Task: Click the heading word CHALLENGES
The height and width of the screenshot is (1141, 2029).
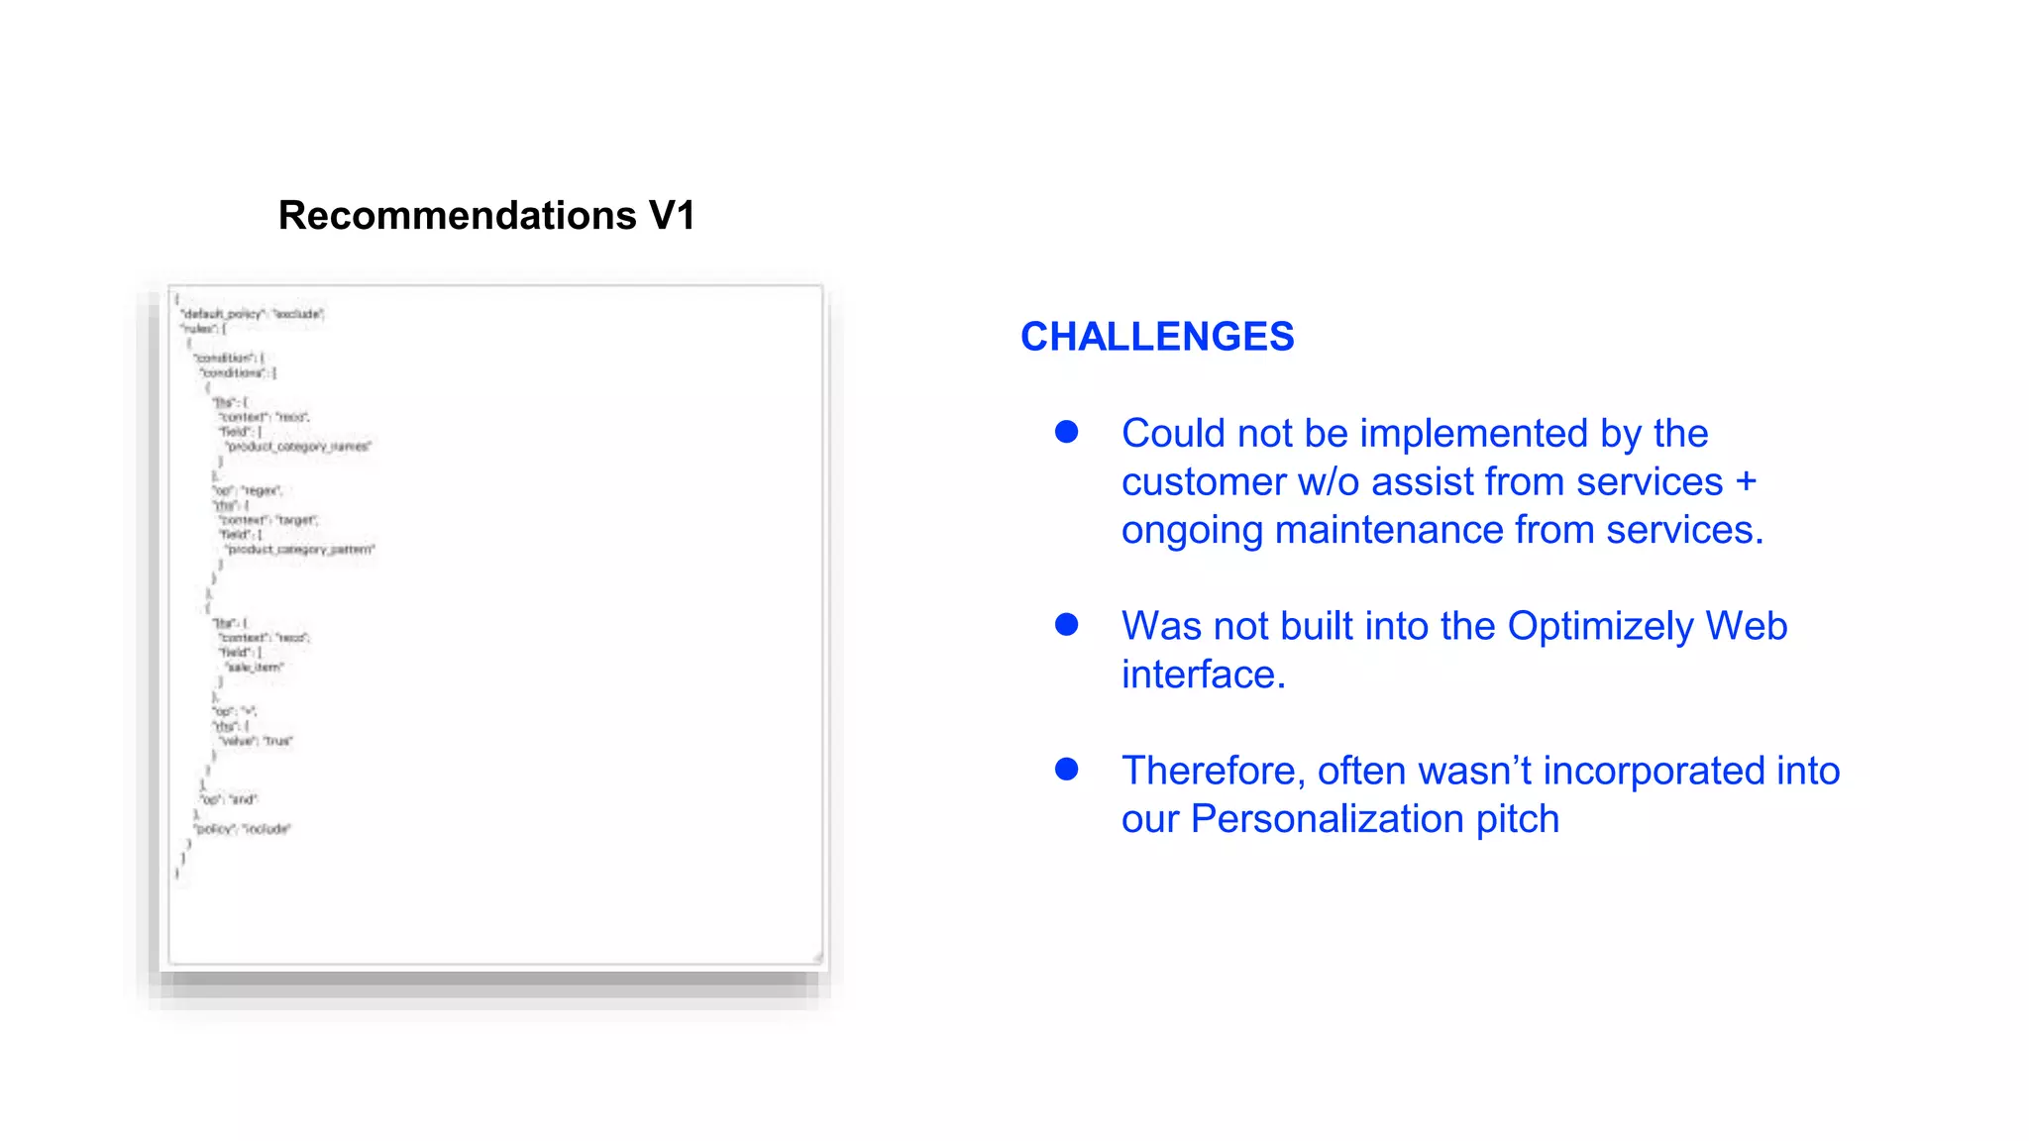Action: pyautogui.click(x=1157, y=337)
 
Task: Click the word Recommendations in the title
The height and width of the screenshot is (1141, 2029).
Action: pyautogui.click(x=457, y=216)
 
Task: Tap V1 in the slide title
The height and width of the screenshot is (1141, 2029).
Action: pyautogui.click(x=672, y=216)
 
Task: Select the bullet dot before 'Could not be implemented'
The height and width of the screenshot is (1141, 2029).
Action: pyautogui.click(x=1066, y=432)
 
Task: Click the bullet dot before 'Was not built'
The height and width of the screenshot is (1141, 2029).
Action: pyautogui.click(x=1066, y=624)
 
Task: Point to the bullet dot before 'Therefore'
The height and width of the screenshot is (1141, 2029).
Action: pyautogui.click(x=1066, y=769)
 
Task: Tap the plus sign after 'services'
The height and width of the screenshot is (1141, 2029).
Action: pyautogui.click(x=1746, y=482)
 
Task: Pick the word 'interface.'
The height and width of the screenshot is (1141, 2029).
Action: pyautogui.click(x=1203, y=675)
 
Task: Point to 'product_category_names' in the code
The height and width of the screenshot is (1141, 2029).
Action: pyautogui.click(x=298, y=447)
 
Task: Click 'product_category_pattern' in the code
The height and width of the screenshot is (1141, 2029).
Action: pyautogui.click(x=300, y=550)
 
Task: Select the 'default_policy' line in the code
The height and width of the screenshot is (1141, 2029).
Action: pyautogui.click(x=252, y=314)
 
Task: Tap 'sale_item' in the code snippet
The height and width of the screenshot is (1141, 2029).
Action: pyautogui.click(x=256, y=668)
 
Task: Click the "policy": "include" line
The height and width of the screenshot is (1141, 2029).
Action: pyautogui.click(x=243, y=829)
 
